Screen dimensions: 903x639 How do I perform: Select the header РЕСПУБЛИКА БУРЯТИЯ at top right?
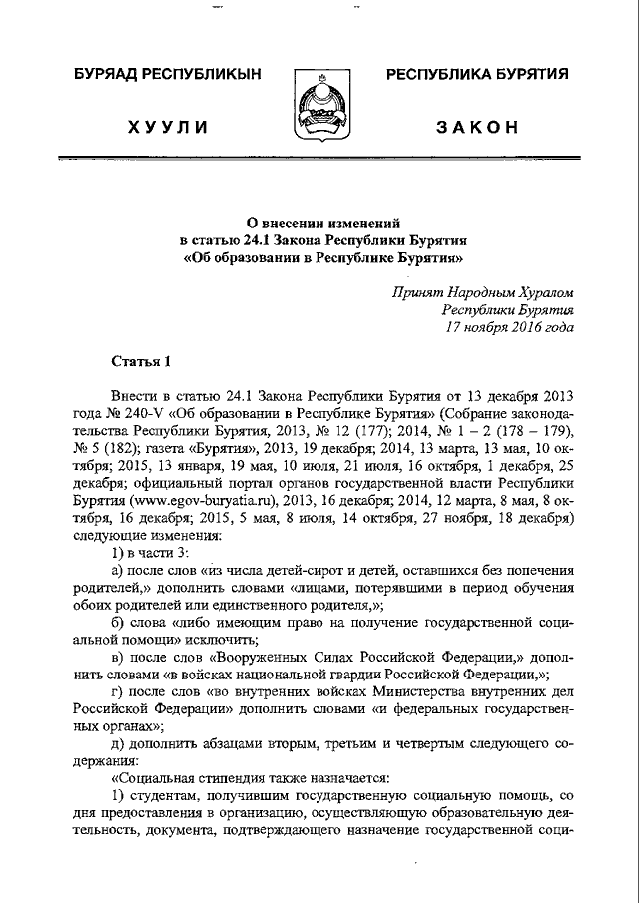pos(477,74)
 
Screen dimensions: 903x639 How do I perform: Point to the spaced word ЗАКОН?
pos(477,126)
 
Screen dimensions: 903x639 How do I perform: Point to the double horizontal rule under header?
pos(319,159)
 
